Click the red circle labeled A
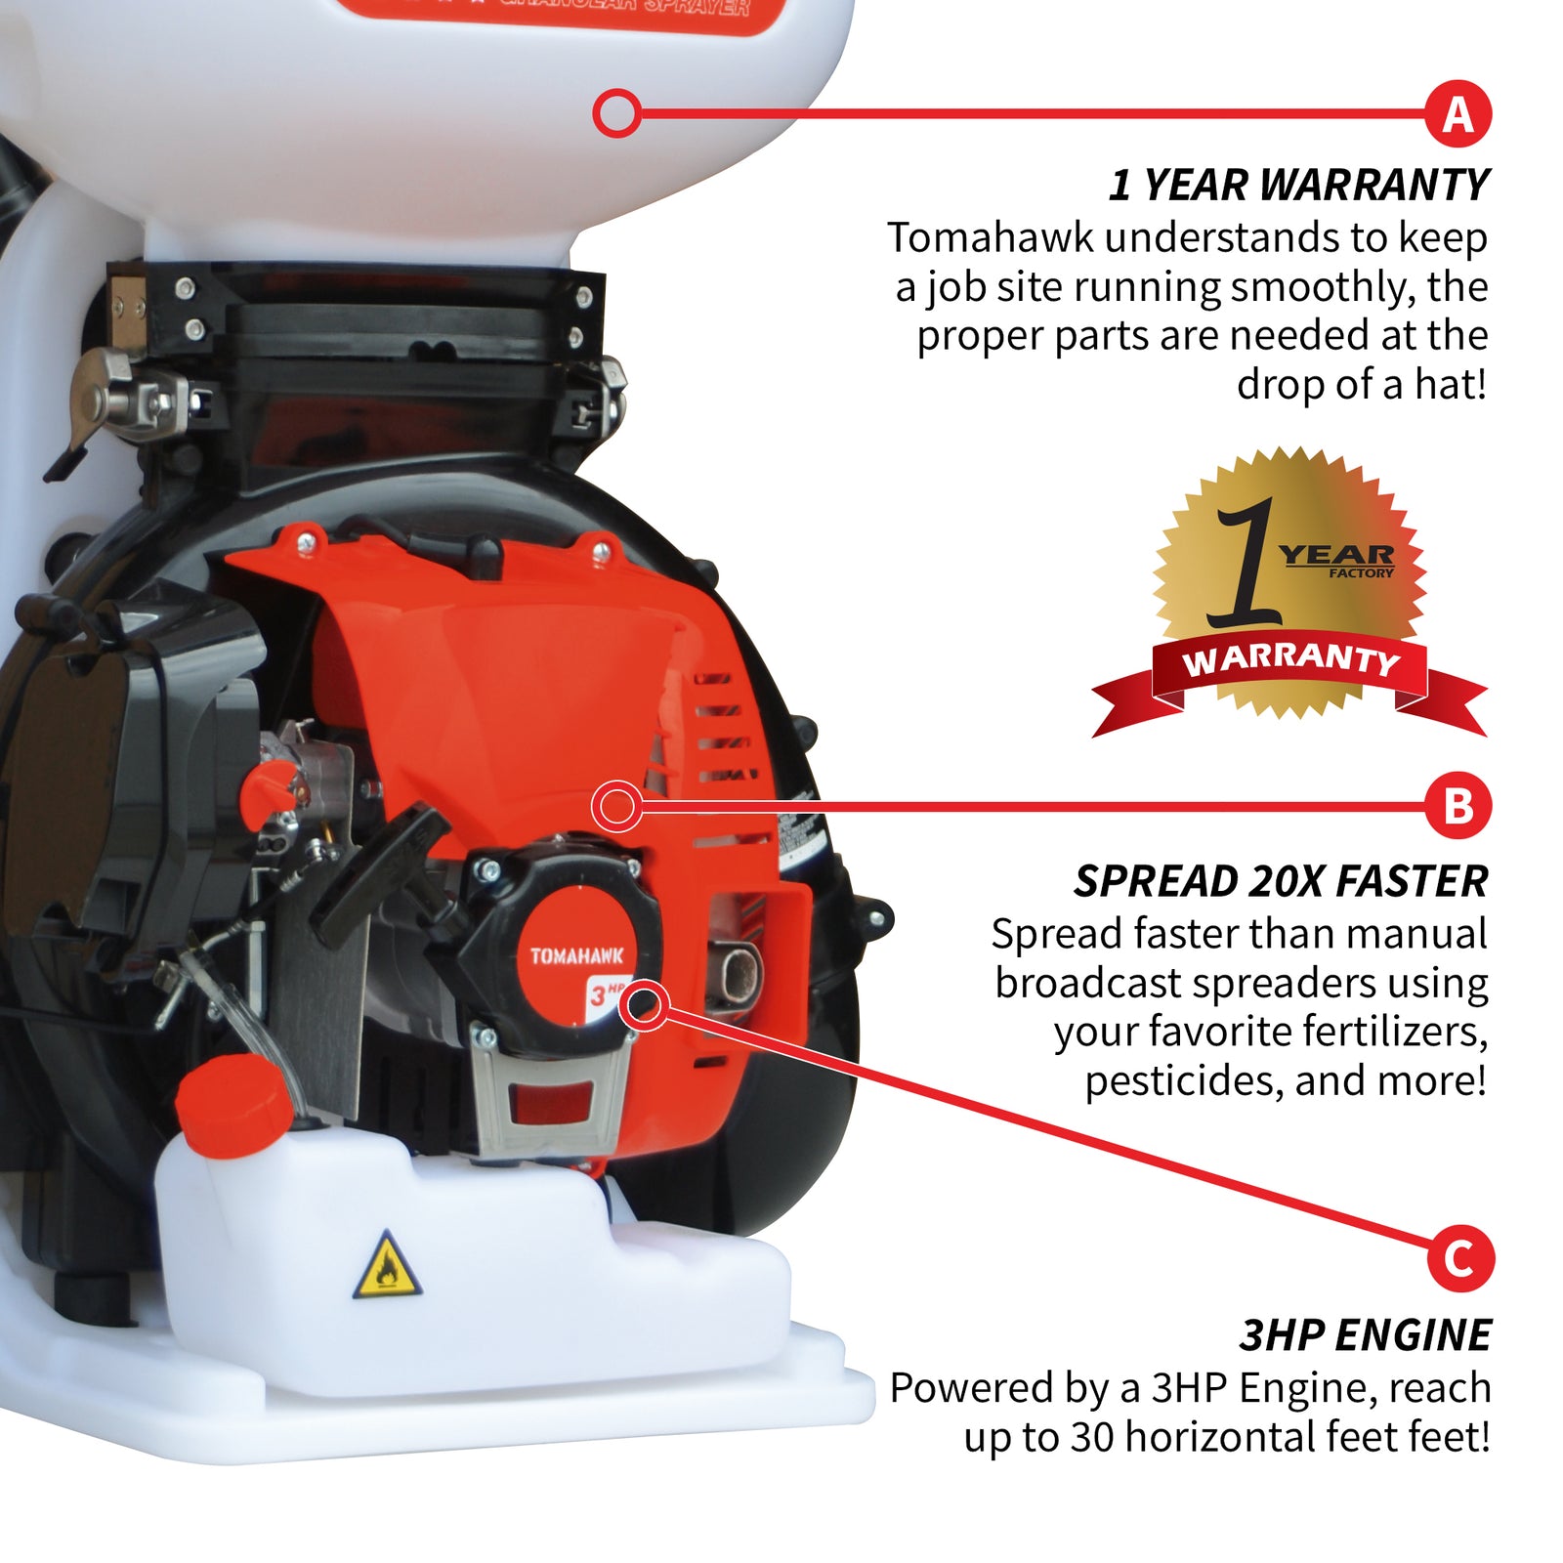[1457, 114]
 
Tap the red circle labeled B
[1457, 806]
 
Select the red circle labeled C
[1459, 1257]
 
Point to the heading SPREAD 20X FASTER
[1280, 881]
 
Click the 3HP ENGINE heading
[1365, 1335]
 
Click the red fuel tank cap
[234, 1104]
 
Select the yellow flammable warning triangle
[387, 1267]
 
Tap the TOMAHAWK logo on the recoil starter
[576, 955]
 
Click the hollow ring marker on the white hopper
[616, 113]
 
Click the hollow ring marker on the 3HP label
[645, 1005]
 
